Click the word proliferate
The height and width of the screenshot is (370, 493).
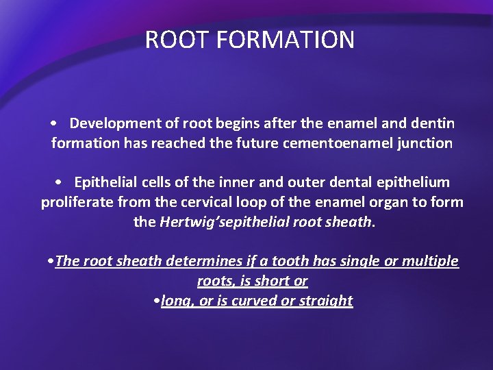pyautogui.click(x=74, y=202)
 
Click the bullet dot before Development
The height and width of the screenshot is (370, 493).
pyautogui.click(x=53, y=124)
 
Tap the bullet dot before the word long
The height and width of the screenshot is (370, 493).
pyautogui.click(x=157, y=301)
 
